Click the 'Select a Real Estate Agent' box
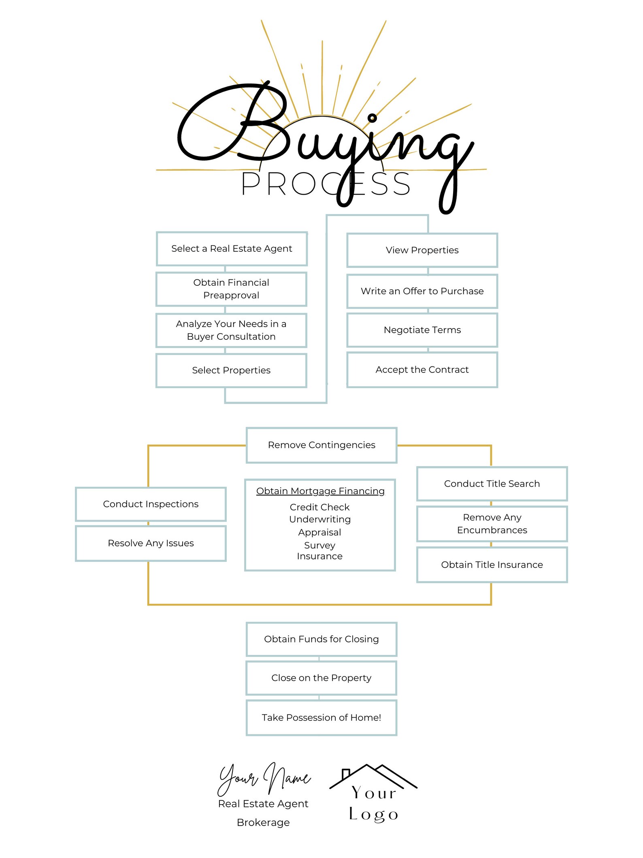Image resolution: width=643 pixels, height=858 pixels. click(232, 249)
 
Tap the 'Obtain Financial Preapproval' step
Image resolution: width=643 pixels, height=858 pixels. click(231, 289)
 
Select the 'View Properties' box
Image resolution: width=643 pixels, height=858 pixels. click(422, 250)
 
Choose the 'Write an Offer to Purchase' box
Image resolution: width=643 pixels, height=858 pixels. click(422, 291)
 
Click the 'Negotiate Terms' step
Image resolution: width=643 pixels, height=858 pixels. click(422, 330)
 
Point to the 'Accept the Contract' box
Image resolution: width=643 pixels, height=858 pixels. click(422, 370)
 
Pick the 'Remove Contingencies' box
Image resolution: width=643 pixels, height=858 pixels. click(321, 445)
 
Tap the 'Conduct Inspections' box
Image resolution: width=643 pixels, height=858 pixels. click(151, 504)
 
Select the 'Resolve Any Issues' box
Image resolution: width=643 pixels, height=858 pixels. click(151, 543)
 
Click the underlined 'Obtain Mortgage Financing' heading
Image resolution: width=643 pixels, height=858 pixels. click(320, 491)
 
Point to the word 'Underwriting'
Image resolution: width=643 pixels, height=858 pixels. click(320, 520)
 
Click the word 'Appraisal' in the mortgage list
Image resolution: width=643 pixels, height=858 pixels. click(320, 533)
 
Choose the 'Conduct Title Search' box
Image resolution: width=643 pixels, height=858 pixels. click(492, 484)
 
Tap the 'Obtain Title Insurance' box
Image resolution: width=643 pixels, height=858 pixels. click(492, 565)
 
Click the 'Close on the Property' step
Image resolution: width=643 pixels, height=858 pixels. click(321, 678)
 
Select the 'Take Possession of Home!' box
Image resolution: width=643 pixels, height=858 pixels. click(321, 718)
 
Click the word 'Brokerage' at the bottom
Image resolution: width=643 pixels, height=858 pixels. click(263, 822)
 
